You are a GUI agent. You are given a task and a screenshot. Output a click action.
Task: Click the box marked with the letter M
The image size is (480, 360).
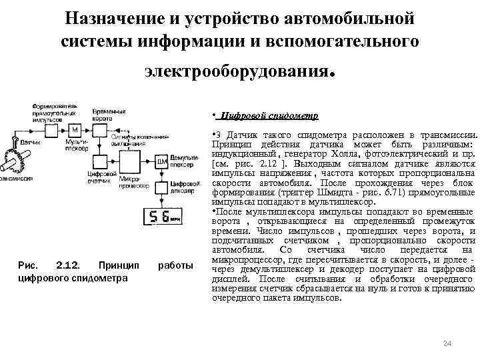[75, 129]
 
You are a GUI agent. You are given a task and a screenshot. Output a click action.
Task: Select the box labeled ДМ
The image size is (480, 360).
[160, 162]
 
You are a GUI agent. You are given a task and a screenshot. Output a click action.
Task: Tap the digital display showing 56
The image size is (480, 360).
[162, 217]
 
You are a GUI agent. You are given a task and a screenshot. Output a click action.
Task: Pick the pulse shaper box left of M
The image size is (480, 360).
[44, 129]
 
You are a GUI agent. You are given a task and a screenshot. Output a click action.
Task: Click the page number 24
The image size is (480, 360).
[447, 343]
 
